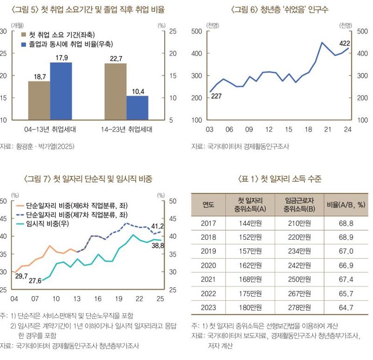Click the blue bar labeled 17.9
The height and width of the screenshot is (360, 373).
pyautogui.click(x=61, y=91)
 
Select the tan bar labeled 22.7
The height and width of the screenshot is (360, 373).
pyautogui.click(x=115, y=91)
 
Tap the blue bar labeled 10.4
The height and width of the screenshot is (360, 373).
pyautogui.click(x=137, y=108)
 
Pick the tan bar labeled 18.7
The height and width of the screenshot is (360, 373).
pyautogui.click(x=39, y=100)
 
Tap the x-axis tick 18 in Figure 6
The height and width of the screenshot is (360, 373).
pyautogui.click(x=308, y=129)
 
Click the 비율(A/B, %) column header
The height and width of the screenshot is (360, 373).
pyautogui.click(x=346, y=204)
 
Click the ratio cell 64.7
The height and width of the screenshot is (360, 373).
pyautogui.click(x=346, y=308)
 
